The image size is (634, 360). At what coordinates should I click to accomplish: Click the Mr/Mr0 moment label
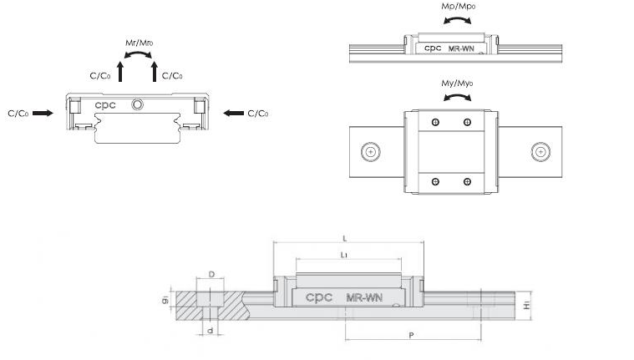coord(139,43)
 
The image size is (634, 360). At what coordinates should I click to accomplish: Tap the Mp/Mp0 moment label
coord(458,6)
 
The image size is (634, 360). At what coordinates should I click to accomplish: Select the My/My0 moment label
coord(457,83)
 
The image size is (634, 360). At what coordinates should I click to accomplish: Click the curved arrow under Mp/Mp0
coord(457,19)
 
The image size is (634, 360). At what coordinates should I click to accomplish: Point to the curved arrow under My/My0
coord(457,96)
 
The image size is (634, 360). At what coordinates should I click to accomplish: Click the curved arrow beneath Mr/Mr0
coord(138,53)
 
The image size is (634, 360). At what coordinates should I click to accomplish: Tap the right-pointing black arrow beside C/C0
coord(43,113)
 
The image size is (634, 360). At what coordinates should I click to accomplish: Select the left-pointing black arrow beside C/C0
coord(234,113)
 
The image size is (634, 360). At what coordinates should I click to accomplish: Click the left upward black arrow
coord(120,72)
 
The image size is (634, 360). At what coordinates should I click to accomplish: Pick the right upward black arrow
coord(154,72)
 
